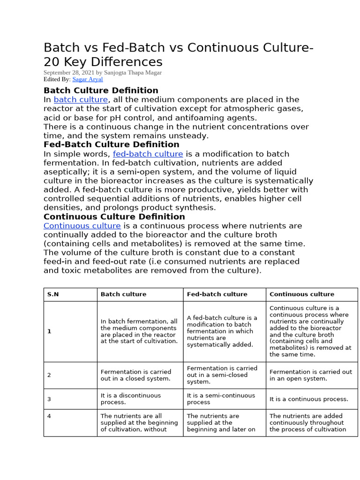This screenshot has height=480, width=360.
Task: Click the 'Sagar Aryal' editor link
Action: [88, 80]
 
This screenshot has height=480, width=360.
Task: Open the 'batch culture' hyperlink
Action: [81, 100]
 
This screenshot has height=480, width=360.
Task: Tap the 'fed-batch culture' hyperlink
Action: [148, 154]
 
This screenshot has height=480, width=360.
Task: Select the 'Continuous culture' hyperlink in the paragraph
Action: [82, 226]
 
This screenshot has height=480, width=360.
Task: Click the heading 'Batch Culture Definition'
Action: [101, 90]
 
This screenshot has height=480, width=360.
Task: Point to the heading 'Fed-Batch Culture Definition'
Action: [111, 145]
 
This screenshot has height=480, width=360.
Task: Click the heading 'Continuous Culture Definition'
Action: [114, 217]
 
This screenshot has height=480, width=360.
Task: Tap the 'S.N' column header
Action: [53, 294]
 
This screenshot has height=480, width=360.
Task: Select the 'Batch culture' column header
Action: [123, 294]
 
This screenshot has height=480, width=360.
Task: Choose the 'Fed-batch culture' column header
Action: [217, 294]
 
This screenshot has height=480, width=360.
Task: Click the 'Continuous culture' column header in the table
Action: [302, 294]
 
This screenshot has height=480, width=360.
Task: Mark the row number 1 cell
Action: [49, 331]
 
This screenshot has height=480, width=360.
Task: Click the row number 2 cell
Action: [49, 375]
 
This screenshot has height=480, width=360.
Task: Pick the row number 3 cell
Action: [49, 399]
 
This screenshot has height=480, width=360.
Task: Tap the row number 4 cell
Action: [49, 416]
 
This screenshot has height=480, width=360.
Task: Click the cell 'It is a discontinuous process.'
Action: [130, 399]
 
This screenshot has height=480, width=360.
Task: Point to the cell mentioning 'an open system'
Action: [310, 375]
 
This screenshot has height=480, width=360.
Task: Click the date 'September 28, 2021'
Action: [68, 73]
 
